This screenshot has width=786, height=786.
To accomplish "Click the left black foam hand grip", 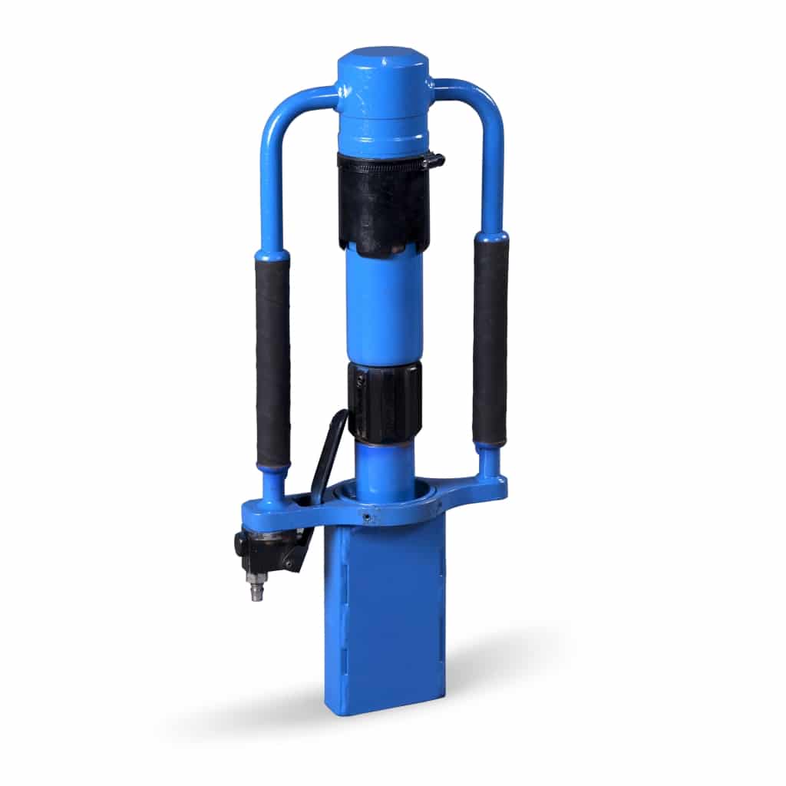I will [273, 361].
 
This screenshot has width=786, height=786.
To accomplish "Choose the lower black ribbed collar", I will [385, 402].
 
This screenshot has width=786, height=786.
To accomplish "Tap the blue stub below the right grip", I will [489, 461].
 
